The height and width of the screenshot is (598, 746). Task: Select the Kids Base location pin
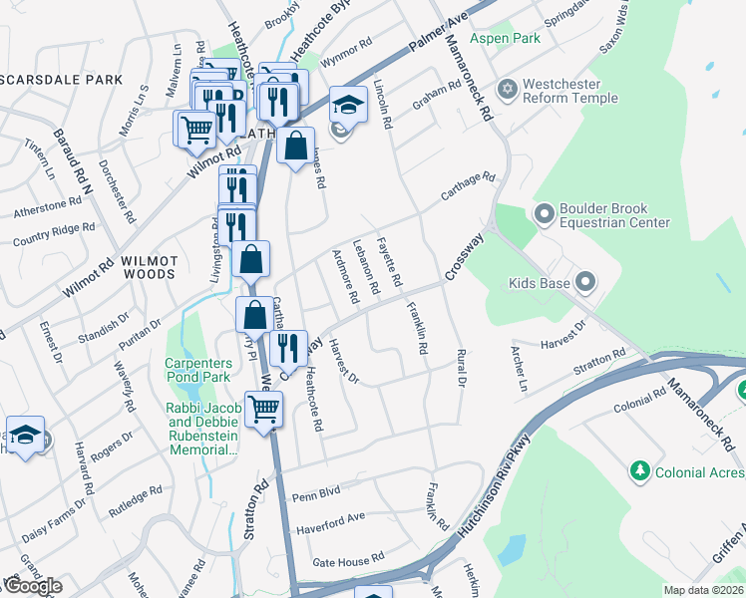point(585,284)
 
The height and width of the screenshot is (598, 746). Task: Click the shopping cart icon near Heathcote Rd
point(264,409)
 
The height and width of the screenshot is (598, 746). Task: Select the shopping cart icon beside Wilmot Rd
point(196,129)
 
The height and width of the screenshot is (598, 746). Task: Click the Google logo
point(32,586)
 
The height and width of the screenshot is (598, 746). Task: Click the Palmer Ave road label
point(438,36)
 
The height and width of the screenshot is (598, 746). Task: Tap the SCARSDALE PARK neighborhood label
point(62,80)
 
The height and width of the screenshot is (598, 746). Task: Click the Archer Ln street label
point(519,370)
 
